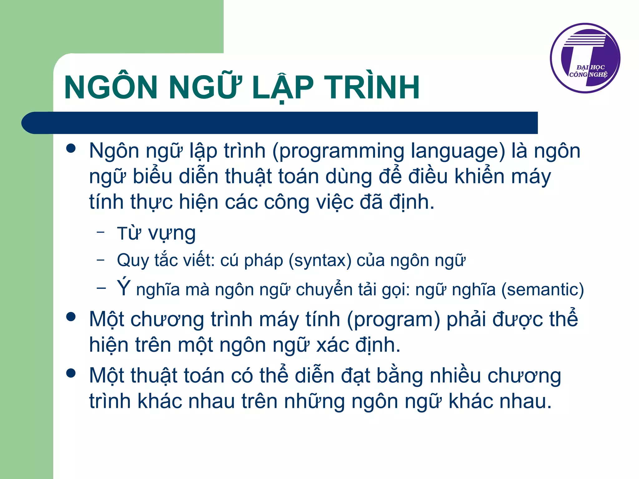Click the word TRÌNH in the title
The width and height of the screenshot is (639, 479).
click(x=372, y=88)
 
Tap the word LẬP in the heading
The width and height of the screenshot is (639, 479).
click(x=282, y=88)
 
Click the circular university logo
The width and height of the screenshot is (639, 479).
click(x=585, y=58)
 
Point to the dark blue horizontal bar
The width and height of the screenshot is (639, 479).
click(x=281, y=123)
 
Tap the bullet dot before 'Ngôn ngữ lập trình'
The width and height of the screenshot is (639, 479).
click(x=71, y=148)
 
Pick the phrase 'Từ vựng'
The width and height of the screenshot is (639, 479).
click(x=156, y=233)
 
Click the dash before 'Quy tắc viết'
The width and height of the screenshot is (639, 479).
click(x=100, y=259)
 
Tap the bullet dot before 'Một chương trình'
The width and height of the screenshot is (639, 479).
click(x=71, y=317)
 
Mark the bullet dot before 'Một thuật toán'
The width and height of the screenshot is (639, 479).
click(x=71, y=373)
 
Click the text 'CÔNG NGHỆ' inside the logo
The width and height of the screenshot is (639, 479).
click(x=588, y=75)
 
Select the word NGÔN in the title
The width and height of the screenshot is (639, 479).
click(x=111, y=88)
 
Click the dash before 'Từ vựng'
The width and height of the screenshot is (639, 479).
click(x=100, y=232)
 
